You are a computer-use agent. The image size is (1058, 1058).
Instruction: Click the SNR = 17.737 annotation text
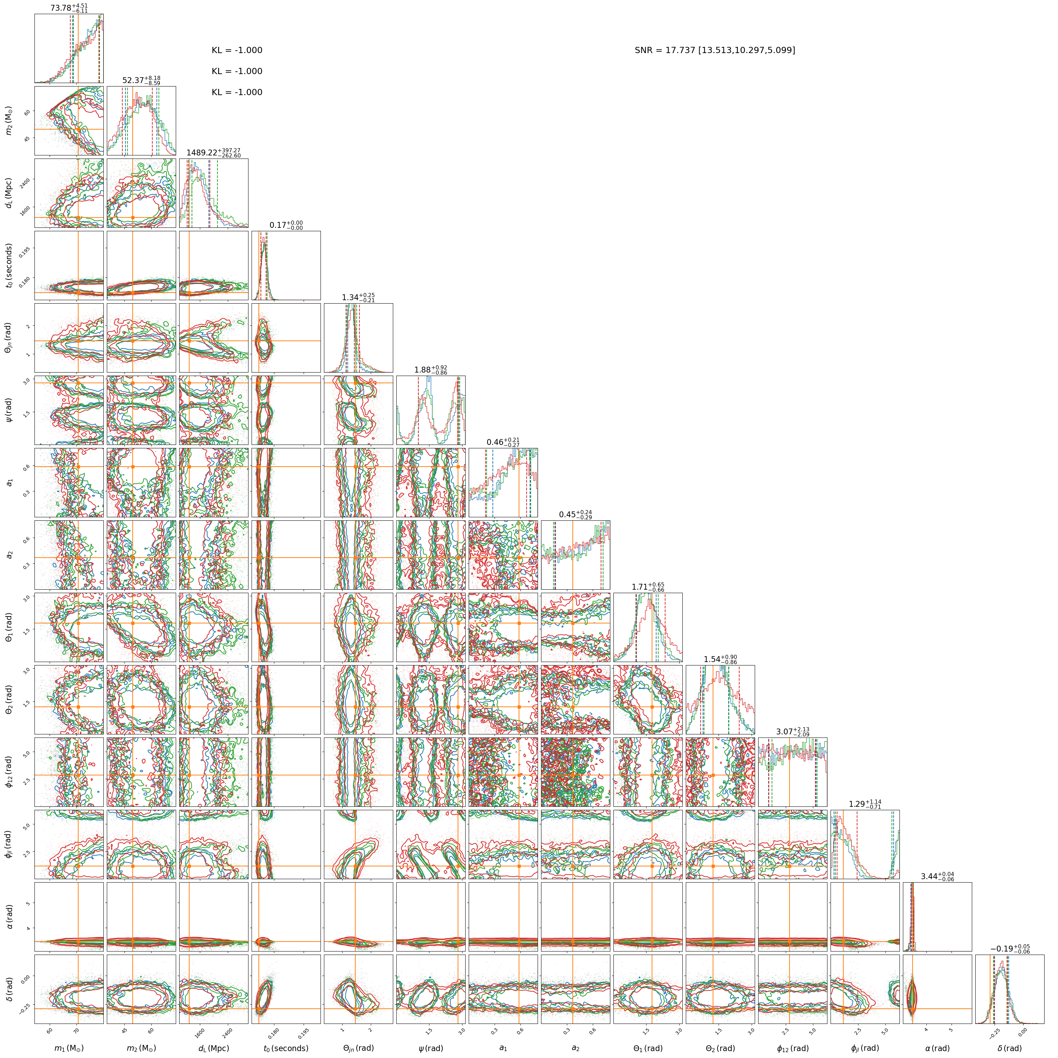click(715, 50)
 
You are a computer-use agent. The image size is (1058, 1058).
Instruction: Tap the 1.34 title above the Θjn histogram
click(358, 297)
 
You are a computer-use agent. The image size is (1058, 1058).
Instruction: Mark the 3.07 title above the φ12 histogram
click(792, 732)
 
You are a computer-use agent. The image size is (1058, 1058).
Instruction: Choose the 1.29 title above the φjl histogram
click(865, 804)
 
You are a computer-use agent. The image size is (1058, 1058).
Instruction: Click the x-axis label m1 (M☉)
click(69, 1048)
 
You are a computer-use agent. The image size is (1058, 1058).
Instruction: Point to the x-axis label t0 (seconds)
click(286, 1048)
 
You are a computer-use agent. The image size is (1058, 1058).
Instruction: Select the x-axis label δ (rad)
click(1009, 1048)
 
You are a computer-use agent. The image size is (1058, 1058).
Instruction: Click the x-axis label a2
click(575, 1048)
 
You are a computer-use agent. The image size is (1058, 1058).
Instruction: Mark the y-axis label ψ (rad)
click(11, 410)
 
